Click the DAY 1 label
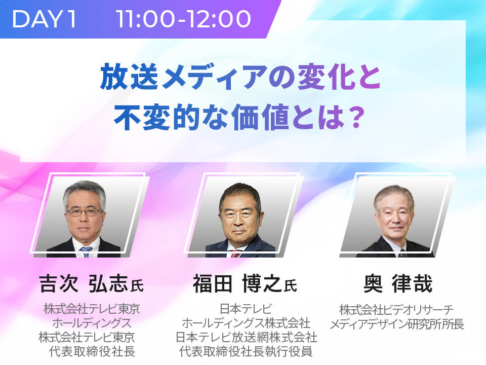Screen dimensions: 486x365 point(44,19)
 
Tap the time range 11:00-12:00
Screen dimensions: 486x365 point(183,19)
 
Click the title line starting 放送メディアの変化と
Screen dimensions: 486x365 point(240,77)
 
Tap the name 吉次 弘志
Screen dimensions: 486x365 point(83,283)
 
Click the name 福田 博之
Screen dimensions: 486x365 point(237,283)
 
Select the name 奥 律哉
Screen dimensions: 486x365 point(398,283)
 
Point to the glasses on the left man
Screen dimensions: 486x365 point(84,212)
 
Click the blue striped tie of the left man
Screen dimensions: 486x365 point(86,251)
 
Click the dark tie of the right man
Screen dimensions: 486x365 point(402,252)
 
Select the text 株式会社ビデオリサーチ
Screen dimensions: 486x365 point(396,310)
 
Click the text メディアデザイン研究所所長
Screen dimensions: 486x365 point(397,324)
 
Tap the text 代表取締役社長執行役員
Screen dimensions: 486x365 point(246,352)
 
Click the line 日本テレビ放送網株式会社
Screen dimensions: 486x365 point(247,338)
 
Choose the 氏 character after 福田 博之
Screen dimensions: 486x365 point(291,286)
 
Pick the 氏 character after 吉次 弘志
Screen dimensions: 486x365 point(137,286)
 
